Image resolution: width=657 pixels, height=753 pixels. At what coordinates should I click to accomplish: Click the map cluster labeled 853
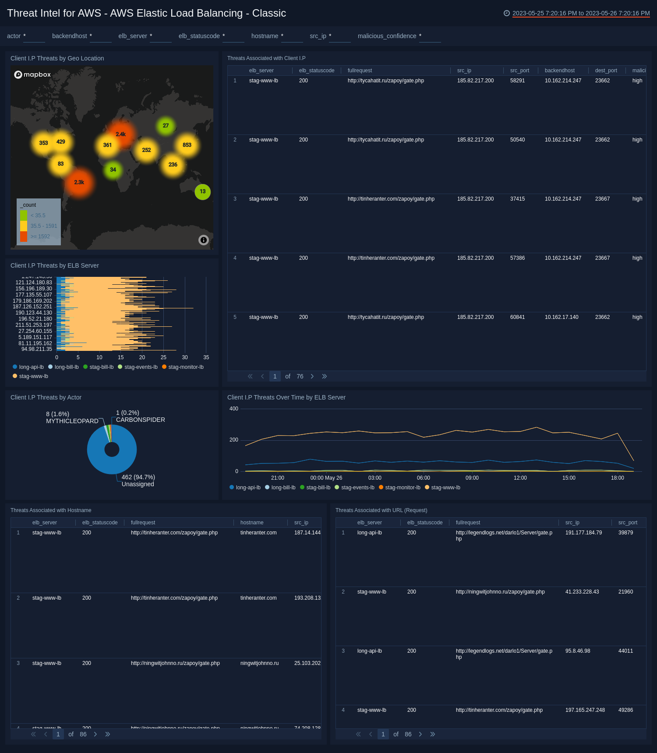point(187,145)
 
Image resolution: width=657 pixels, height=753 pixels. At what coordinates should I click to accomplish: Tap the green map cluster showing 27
point(166,126)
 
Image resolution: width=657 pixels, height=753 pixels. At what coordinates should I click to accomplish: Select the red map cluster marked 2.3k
point(79,182)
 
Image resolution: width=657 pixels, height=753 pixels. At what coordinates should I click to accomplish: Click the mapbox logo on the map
point(33,74)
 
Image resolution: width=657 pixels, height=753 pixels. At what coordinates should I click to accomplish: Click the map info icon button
point(204,240)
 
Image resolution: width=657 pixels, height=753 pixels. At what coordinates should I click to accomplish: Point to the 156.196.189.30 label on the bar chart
point(34,289)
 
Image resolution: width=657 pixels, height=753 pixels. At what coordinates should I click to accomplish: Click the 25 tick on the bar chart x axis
point(163,357)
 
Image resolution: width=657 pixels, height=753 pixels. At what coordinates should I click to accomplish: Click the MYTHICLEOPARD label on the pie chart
point(72,421)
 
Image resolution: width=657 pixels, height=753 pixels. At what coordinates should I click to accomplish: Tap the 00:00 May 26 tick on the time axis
point(326,478)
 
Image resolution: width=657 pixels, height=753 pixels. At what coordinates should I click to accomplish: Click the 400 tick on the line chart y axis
point(234,409)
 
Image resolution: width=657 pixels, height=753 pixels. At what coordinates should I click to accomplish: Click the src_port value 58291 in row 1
point(517,81)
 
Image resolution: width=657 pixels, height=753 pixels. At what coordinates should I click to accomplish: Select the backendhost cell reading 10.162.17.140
point(562,317)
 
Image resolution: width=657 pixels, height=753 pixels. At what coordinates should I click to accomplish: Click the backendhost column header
point(560,71)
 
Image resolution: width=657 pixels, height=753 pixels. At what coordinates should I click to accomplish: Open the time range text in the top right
point(581,13)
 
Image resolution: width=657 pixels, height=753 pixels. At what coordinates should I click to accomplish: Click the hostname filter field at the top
point(292,36)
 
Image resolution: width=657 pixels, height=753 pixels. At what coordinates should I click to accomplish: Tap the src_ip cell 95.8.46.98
point(578,651)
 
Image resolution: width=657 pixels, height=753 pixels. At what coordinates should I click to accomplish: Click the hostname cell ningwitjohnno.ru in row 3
point(259,663)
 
